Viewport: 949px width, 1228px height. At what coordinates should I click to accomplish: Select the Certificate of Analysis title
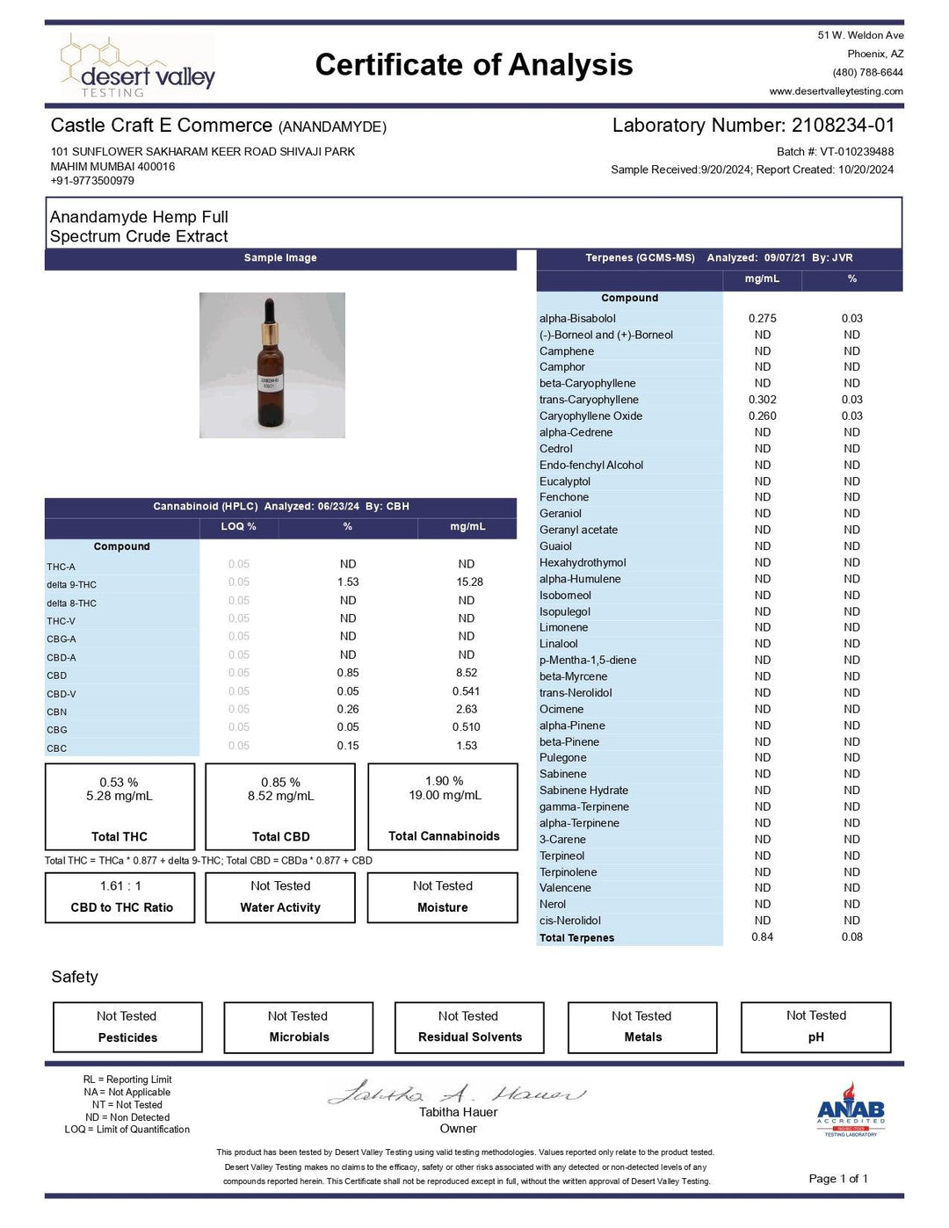coord(474,65)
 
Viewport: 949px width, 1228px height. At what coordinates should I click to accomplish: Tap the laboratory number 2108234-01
coord(843,126)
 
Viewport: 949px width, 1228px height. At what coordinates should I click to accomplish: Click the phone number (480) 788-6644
coord(867,73)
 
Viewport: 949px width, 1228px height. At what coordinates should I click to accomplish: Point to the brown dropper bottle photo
coord(272,365)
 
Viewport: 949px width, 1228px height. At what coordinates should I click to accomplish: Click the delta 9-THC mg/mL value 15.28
coord(469,582)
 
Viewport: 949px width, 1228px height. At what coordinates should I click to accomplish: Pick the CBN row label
coord(57,712)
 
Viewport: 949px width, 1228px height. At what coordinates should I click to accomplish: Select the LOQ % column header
coord(238,527)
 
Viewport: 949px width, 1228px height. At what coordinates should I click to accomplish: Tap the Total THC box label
coord(120,837)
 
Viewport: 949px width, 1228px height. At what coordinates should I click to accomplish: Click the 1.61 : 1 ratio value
coord(120,886)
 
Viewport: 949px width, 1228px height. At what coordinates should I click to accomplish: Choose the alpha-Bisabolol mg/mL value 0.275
coord(762,319)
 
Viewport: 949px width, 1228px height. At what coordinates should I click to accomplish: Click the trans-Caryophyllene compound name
coord(589,400)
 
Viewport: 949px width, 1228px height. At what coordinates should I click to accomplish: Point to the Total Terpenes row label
coord(576,938)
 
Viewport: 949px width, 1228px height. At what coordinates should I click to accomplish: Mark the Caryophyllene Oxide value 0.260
coord(762,416)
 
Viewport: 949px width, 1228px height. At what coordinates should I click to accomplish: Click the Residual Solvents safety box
coord(469,1028)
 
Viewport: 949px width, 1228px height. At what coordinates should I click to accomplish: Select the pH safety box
coord(815,1027)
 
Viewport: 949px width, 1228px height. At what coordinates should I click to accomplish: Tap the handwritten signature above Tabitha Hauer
coord(457,1093)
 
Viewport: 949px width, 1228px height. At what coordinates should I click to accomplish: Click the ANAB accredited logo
coord(850,1110)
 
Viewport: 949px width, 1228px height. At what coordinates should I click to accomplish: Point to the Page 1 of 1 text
coord(837,1179)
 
